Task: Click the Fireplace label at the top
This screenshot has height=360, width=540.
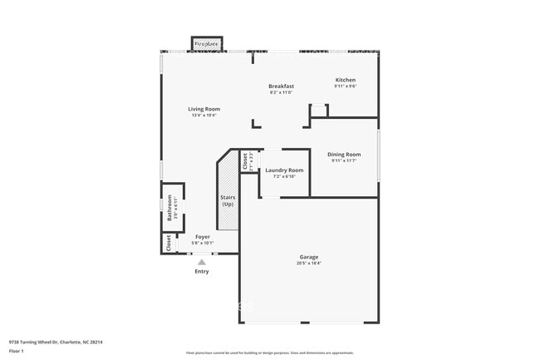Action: point(207,43)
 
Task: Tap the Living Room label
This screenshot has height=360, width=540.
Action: point(204,109)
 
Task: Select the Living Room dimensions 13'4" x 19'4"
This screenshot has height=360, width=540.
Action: point(204,116)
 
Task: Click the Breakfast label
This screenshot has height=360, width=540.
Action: point(281,86)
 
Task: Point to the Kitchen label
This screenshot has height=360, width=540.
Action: point(345,80)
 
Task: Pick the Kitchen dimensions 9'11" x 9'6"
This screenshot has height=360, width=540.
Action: point(345,86)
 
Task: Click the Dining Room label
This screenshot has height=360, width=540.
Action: point(343,154)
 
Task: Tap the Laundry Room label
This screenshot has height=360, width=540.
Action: point(284,170)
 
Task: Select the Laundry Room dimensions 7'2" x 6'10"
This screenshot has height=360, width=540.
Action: point(284,177)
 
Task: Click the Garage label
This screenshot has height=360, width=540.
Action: point(308,257)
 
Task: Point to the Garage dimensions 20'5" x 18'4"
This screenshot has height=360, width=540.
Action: point(308,264)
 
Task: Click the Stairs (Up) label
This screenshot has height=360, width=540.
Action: point(227,200)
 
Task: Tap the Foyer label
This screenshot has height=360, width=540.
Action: point(202,237)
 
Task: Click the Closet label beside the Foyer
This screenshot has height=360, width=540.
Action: point(169,243)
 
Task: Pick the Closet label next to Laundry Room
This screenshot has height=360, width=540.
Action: point(245,160)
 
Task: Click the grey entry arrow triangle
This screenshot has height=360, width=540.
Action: point(201,262)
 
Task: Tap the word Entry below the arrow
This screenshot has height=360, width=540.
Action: point(202,271)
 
